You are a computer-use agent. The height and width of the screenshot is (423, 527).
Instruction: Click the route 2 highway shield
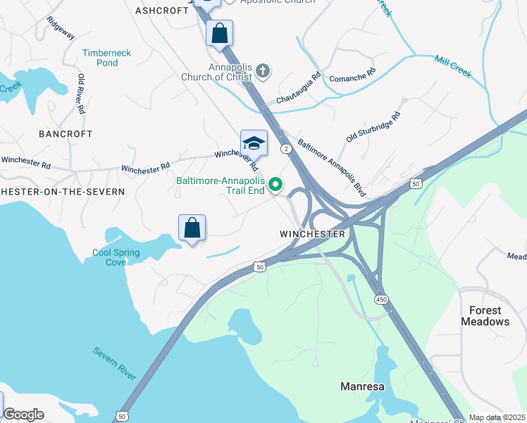(286, 149)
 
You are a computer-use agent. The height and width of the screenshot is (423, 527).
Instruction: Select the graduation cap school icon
(254, 144)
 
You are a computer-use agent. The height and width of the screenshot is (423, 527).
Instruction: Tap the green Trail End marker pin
(276, 185)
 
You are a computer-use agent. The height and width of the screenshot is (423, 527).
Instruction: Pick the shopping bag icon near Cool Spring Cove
(192, 228)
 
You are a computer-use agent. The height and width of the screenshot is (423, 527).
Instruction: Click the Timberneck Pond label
(107, 58)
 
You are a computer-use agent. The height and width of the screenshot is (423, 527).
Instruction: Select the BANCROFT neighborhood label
(66, 133)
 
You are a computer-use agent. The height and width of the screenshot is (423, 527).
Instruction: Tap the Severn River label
(116, 362)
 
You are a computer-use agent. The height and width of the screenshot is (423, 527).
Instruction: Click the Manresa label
(362, 386)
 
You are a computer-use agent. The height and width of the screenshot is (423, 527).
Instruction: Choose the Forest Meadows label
(485, 316)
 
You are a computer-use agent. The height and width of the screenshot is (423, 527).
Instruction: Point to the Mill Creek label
(452, 68)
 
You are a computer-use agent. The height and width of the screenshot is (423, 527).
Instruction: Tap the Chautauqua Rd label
(298, 88)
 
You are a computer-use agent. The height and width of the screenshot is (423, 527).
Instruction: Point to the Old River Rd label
(82, 93)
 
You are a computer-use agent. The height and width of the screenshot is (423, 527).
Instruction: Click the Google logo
(23, 415)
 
